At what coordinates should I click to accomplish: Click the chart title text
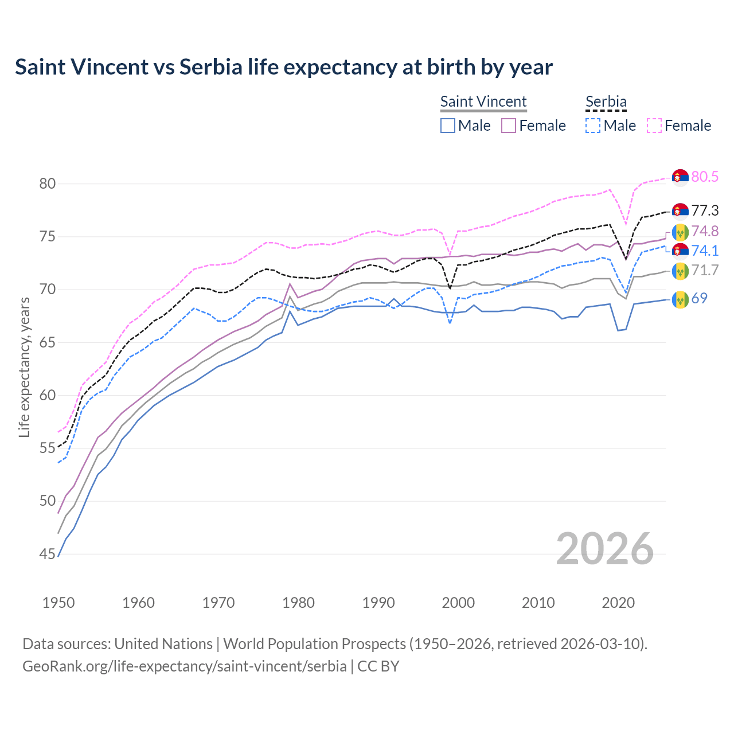click(x=283, y=67)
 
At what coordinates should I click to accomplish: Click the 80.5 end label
click(x=704, y=177)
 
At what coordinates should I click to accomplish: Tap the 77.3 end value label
click(x=704, y=210)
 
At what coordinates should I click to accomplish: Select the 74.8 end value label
click(x=704, y=231)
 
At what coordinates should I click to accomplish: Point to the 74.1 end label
click(x=704, y=251)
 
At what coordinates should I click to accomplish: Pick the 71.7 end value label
click(x=704, y=270)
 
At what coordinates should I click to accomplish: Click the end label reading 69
click(x=699, y=298)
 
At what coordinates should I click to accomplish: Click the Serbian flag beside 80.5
click(x=680, y=178)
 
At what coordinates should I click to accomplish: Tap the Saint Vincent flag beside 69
click(x=680, y=299)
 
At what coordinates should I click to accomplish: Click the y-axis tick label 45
click(x=48, y=554)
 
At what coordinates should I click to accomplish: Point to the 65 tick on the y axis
click(x=48, y=342)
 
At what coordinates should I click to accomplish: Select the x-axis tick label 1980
click(x=299, y=603)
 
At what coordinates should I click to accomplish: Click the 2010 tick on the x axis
click(x=538, y=603)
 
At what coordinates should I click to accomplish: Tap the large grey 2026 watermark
click(x=604, y=549)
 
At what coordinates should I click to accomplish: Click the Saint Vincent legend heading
click(x=483, y=101)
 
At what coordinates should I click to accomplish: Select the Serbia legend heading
click(x=606, y=101)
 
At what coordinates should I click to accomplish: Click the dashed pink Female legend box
click(x=654, y=126)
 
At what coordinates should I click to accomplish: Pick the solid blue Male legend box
click(x=448, y=126)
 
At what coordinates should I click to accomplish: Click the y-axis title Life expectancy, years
click(x=24, y=367)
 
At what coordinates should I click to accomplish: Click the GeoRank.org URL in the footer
click(x=184, y=666)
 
